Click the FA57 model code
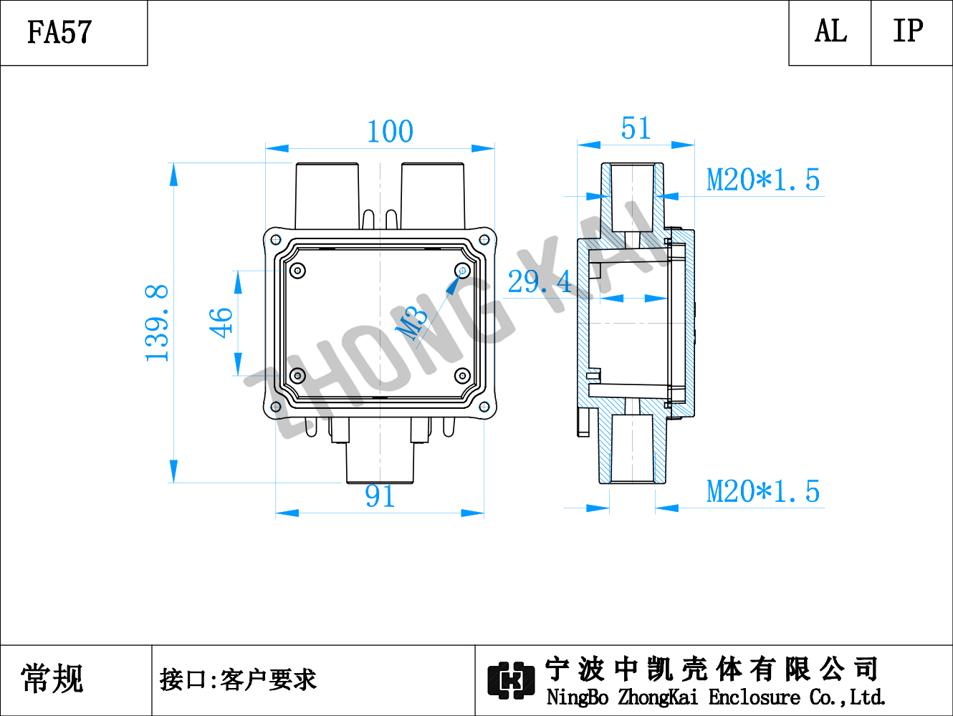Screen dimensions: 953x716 tap(59, 32)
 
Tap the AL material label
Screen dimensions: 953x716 tap(830, 32)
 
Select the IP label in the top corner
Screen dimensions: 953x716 tap(908, 31)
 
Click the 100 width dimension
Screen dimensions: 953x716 tap(390, 131)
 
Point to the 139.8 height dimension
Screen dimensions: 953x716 tap(156, 323)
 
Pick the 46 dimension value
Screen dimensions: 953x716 tap(221, 323)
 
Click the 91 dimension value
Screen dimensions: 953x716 tap(380, 496)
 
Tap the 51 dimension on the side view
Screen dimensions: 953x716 tap(636, 128)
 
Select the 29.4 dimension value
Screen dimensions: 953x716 tap(540, 281)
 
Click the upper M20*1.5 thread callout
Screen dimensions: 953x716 tap(763, 180)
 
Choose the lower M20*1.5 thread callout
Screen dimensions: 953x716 tap(763, 492)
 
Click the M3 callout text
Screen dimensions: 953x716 tap(411, 324)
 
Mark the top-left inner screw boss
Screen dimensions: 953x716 tap(297, 271)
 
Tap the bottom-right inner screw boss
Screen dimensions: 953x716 tap(462, 376)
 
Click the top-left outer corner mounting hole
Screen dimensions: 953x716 tap(276, 239)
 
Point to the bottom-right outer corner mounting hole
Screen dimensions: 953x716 tap(484, 407)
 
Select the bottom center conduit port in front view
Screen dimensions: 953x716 tap(380, 462)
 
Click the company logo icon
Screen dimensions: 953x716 tap(511, 680)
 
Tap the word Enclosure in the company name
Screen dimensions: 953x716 tap(754, 697)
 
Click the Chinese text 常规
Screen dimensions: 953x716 tap(52, 679)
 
